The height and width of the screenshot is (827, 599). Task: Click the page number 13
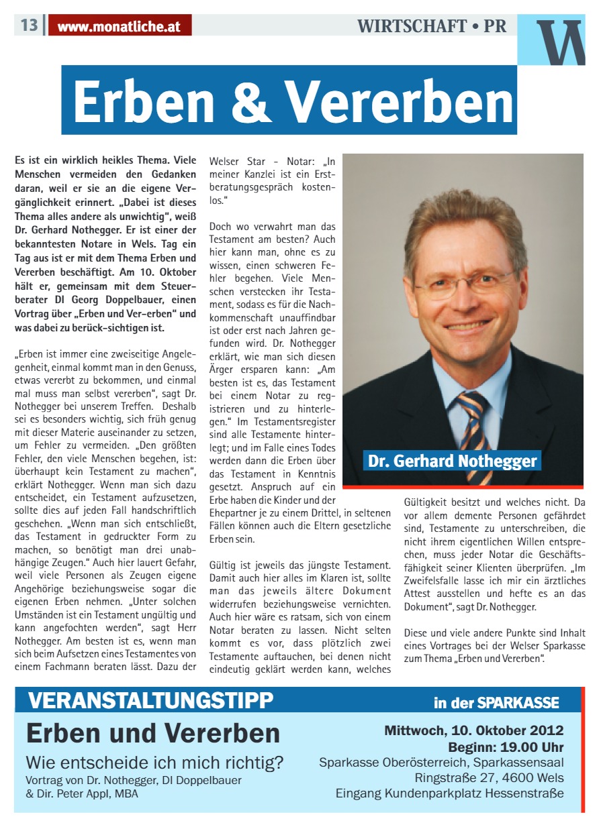click(x=29, y=25)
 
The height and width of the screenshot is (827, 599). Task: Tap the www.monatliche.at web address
click(x=120, y=27)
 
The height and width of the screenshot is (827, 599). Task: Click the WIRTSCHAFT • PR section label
click(x=432, y=26)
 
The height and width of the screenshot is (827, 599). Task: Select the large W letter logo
click(x=560, y=42)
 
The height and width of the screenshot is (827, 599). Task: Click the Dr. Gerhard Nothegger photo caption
click(x=453, y=461)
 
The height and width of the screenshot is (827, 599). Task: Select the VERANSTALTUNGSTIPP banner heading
click(x=151, y=701)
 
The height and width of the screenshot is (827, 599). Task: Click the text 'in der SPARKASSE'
click(x=496, y=703)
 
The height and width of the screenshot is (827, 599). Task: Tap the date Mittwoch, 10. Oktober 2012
click(x=474, y=730)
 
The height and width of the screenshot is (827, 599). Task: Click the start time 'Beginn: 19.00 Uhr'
click(x=506, y=747)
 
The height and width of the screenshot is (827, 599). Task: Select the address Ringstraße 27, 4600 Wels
click(x=490, y=778)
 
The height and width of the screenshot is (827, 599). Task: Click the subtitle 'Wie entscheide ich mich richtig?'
click(x=154, y=763)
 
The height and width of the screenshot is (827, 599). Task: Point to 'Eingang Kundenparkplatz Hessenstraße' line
click(x=450, y=794)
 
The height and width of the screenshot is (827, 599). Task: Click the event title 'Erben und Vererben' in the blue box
click(x=153, y=733)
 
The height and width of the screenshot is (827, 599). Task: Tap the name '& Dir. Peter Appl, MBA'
click(x=82, y=793)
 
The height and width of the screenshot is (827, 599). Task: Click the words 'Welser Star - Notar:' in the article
click(x=263, y=162)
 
